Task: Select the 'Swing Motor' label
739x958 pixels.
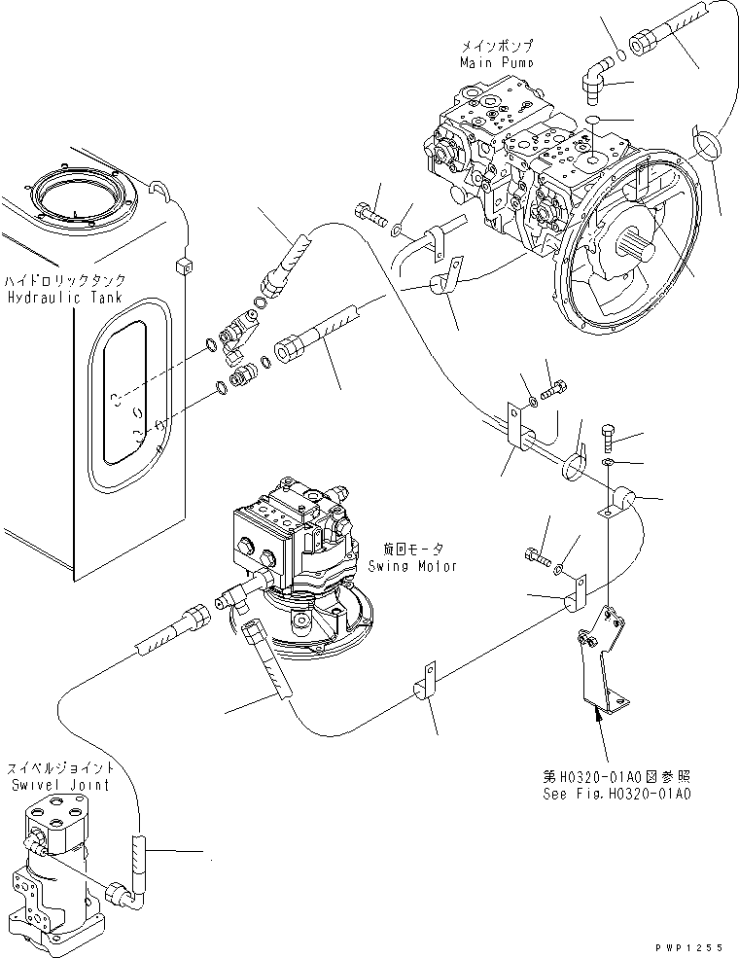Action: click(412, 566)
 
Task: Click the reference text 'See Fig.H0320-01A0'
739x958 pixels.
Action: click(617, 794)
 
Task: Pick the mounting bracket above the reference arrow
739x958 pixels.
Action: click(601, 661)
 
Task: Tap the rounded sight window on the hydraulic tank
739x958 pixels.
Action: click(121, 394)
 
